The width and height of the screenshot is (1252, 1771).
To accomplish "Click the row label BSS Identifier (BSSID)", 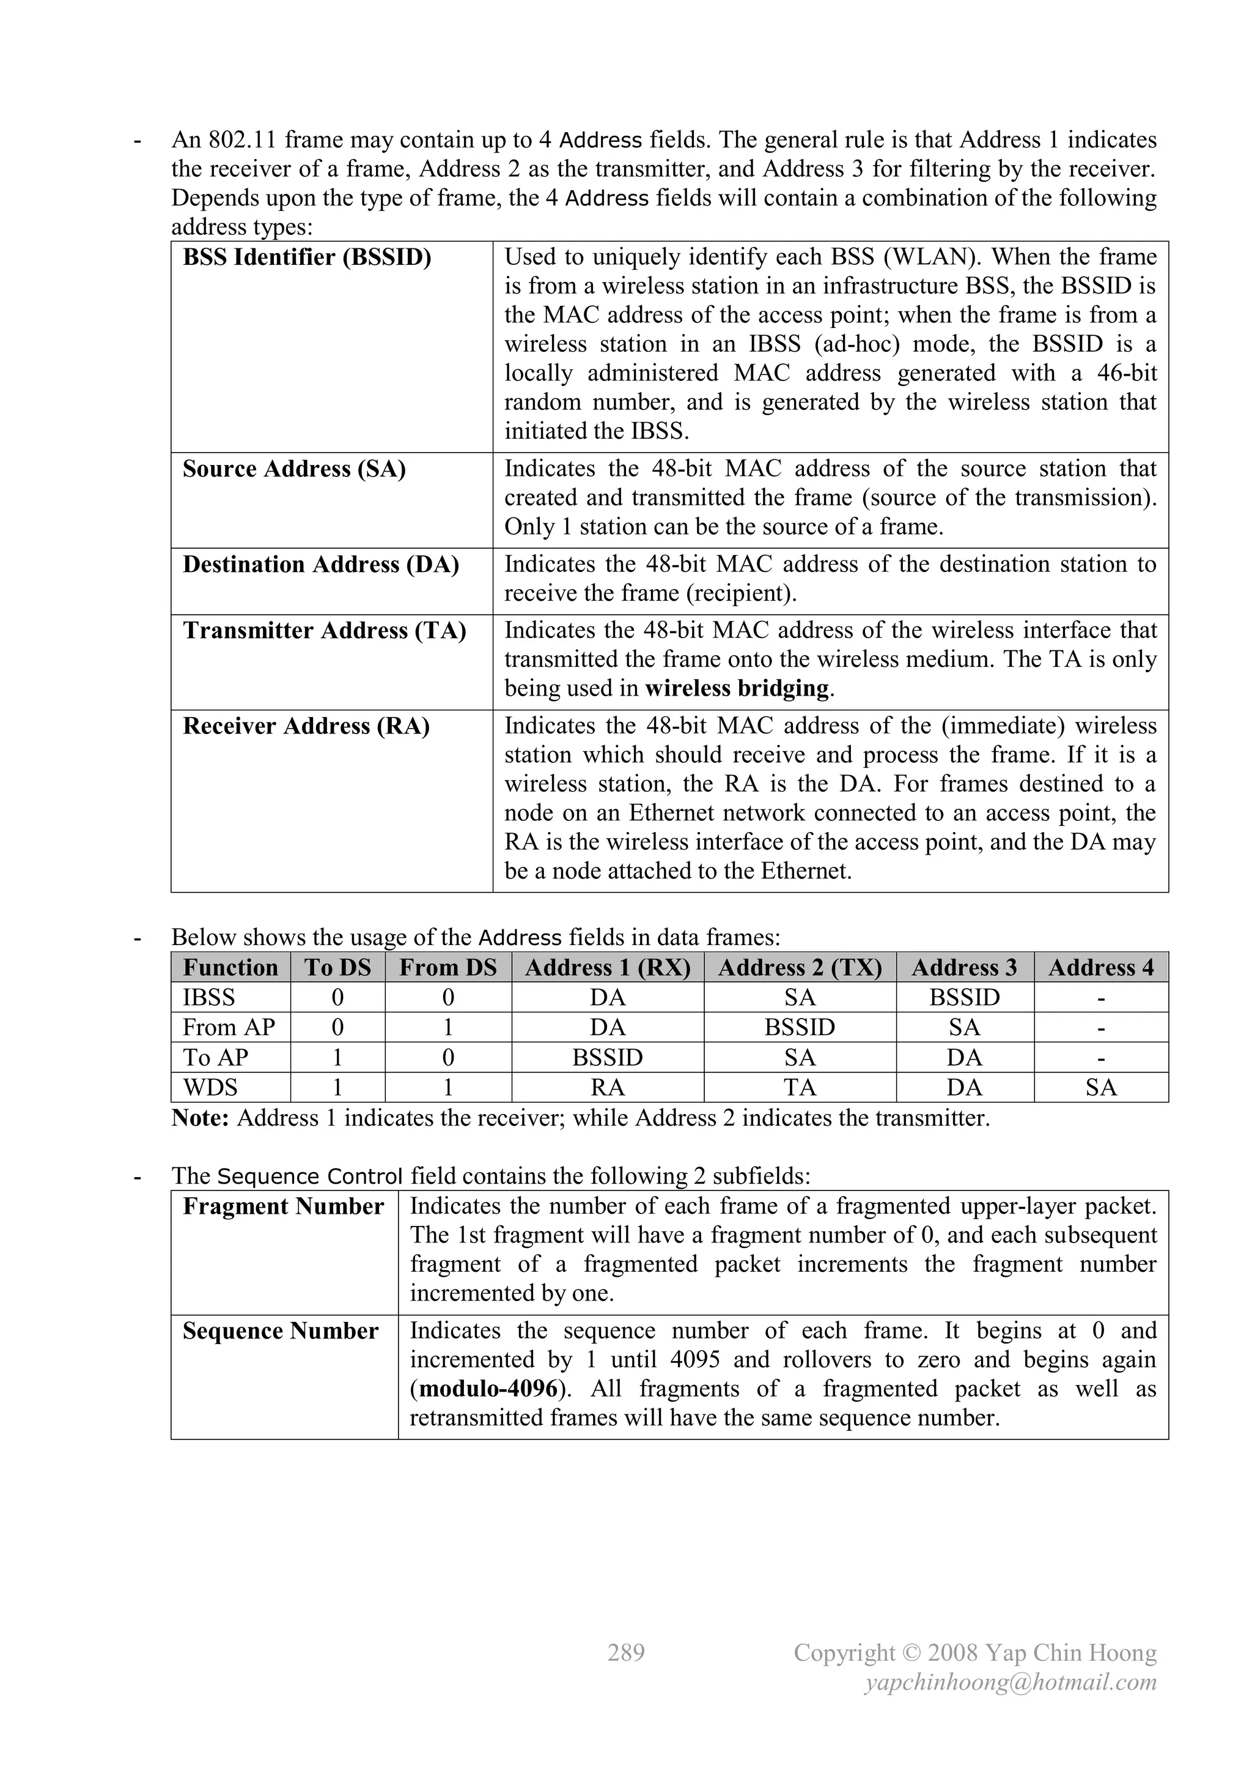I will (x=307, y=258).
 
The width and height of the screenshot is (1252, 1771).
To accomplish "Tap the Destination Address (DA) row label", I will (x=321, y=565).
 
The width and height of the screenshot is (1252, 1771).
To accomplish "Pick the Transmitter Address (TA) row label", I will (x=325, y=631).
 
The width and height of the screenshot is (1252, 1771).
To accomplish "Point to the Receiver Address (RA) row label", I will (x=306, y=727).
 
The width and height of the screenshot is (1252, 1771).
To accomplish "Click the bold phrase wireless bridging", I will (x=736, y=688).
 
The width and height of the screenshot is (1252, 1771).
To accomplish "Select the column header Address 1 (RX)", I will (x=608, y=968).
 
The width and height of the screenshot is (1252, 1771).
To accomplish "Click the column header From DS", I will (x=448, y=968).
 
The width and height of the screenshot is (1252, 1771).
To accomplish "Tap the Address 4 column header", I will (x=1101, y=968).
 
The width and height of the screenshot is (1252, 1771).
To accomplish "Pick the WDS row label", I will (x=210, y=1088).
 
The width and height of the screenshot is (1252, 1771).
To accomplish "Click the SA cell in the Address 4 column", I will (x=1101, y=1088).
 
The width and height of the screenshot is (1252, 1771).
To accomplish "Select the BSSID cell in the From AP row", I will (x=800, y=1028).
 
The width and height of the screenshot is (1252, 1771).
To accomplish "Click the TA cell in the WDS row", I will (x=800, y=1088).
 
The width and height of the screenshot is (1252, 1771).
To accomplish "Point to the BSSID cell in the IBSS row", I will (x=965, y=997).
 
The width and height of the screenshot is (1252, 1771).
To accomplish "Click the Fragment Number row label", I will (x=283, y=1206).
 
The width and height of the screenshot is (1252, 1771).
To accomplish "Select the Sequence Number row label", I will (x=281, y=1331).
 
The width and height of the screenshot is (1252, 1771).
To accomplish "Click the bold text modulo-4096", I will (x=487, y=1389).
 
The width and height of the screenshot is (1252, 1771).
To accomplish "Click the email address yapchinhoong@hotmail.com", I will (x=1011, y=1682).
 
